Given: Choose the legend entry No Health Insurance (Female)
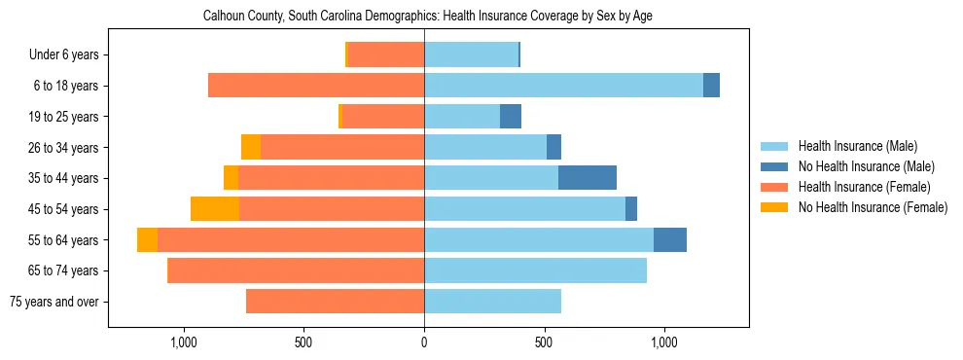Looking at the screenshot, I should pyautogui.click(x=873, y=207).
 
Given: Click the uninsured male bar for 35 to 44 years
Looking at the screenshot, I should pyautogui.click(x=588, y=178).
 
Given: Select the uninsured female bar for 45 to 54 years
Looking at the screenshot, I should pyautogui.click(x=215, y=209).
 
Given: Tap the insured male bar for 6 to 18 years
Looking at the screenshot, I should pyautogui.click(x=563, y=86).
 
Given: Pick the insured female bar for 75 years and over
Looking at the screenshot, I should pyautogui.click(x=335, y=302).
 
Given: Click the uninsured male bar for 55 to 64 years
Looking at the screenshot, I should pyautogui.click(x=670, y=239).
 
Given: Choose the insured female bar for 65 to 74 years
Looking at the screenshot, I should pyautogui.click(x=297, y=270).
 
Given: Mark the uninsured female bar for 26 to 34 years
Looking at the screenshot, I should pyautogui.click(x=251, y=147).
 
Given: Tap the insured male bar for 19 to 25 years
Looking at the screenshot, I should pyautogui.click(x=462, y=117).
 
